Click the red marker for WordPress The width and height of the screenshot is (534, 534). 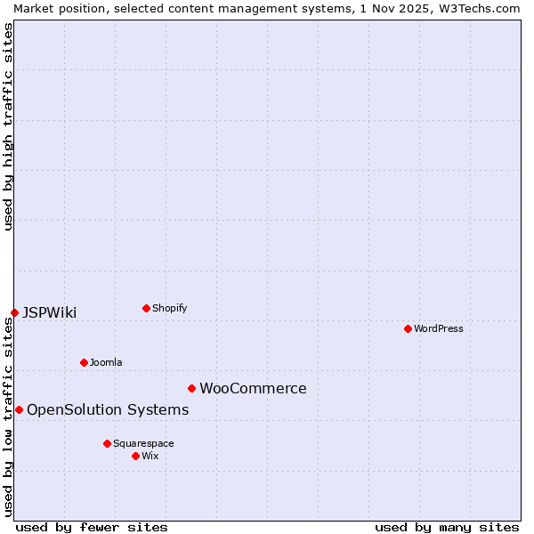click(408, 328)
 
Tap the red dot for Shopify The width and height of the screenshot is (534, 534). click(146, 308)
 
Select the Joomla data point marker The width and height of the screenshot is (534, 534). click(84, 362)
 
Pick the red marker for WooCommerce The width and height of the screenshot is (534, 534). click(191, 388)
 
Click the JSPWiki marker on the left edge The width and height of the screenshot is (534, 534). click(14, 312)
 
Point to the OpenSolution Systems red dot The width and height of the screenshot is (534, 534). click(19, 409)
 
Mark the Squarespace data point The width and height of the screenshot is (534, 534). click(107, 443)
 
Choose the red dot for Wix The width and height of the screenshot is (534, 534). click(135, 456)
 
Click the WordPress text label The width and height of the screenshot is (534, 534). click(439, 328)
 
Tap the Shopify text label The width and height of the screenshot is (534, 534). click(170, 308)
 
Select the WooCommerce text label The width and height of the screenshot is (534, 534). click(253, 388)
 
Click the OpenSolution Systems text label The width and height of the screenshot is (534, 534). click(108, 409)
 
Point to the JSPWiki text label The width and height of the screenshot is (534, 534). click(50, 312)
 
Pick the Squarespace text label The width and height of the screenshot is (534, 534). click(143, 443)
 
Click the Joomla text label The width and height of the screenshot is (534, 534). click(106, 362)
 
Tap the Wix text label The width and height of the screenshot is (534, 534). click(150, 456)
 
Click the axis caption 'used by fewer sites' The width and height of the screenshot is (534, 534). click(92, 527)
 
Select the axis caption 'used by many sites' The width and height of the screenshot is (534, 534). click(447, 527)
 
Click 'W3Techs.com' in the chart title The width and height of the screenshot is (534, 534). click(479, 8)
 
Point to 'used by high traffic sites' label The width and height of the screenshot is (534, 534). click(8, 126)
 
